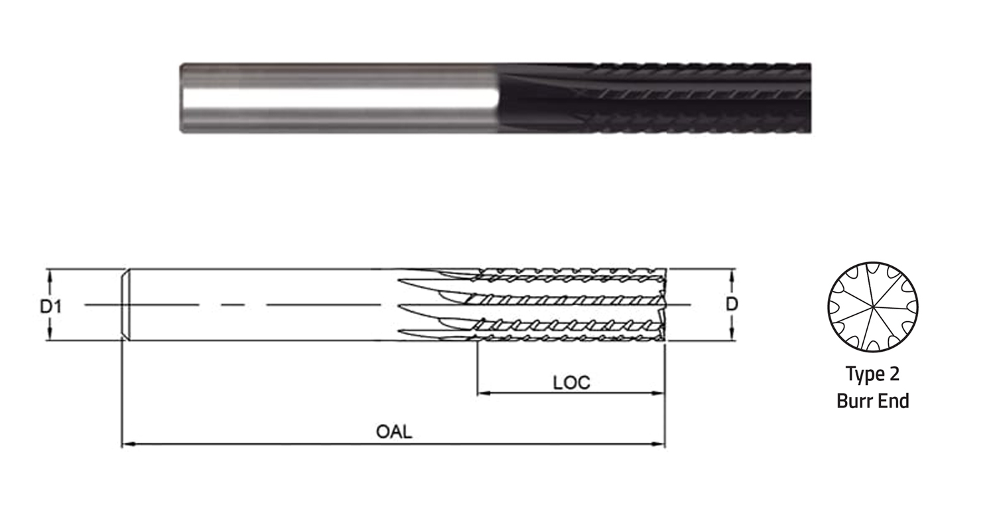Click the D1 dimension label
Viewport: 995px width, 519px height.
coord(50,306)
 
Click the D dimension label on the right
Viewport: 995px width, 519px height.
coord(732,305)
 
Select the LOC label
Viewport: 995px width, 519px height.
coord(572,382)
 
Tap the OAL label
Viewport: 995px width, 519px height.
coord(394,431)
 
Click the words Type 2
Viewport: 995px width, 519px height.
coord(872,374)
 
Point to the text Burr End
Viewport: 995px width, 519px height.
coord(873,401)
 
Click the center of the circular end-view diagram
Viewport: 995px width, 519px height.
coord(873,307)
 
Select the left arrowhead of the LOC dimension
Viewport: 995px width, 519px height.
coord(484,393)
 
